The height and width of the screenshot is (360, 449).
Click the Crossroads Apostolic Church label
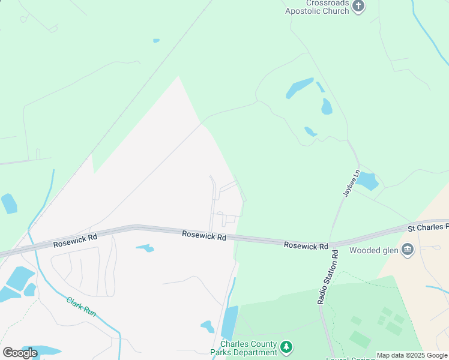point(317,7)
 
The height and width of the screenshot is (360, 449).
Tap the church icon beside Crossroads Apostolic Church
point(358,7)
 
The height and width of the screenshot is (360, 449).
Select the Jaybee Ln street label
point(351,183)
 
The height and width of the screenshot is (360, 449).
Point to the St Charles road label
point(428,227)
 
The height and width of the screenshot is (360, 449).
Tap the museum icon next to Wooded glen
point(408,250)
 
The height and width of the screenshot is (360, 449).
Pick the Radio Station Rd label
point(327,278)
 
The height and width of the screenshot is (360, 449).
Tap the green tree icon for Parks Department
point(287,346)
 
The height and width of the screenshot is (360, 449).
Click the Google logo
point(20,353)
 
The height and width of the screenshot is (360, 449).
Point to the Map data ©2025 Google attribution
point(412,356)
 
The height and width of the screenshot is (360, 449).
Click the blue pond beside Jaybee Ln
point(367,181)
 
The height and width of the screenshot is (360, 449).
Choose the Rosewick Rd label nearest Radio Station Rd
point(306,245)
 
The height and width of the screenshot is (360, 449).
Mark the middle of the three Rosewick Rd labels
point(204,237)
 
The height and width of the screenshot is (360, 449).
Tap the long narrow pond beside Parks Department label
point(229,322)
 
